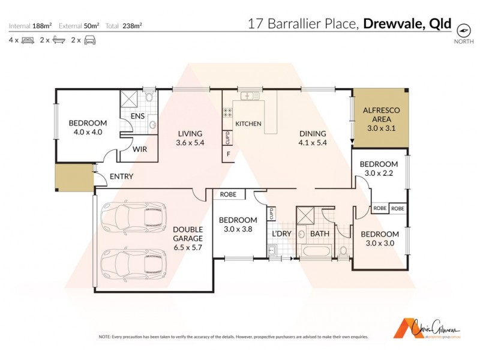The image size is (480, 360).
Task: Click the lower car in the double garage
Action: [x=133, y=262]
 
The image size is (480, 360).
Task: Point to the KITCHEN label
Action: [x=248, y=124]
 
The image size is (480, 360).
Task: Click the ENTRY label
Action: [x=121, y=176]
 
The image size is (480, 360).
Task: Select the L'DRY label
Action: [x=281, y=233]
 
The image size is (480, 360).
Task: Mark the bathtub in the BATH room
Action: [x=315, y=252]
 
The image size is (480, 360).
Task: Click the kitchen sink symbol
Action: [x=248, y=95]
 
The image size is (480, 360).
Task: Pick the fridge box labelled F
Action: [x=228, y=154]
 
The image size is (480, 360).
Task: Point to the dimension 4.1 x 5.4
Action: [x=312, y=143]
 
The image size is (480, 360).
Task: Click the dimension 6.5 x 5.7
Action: [x=188, y=238]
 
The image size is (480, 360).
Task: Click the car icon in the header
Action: [x=89, y=40]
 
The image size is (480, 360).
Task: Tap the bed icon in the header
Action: [x=28, y=40]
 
